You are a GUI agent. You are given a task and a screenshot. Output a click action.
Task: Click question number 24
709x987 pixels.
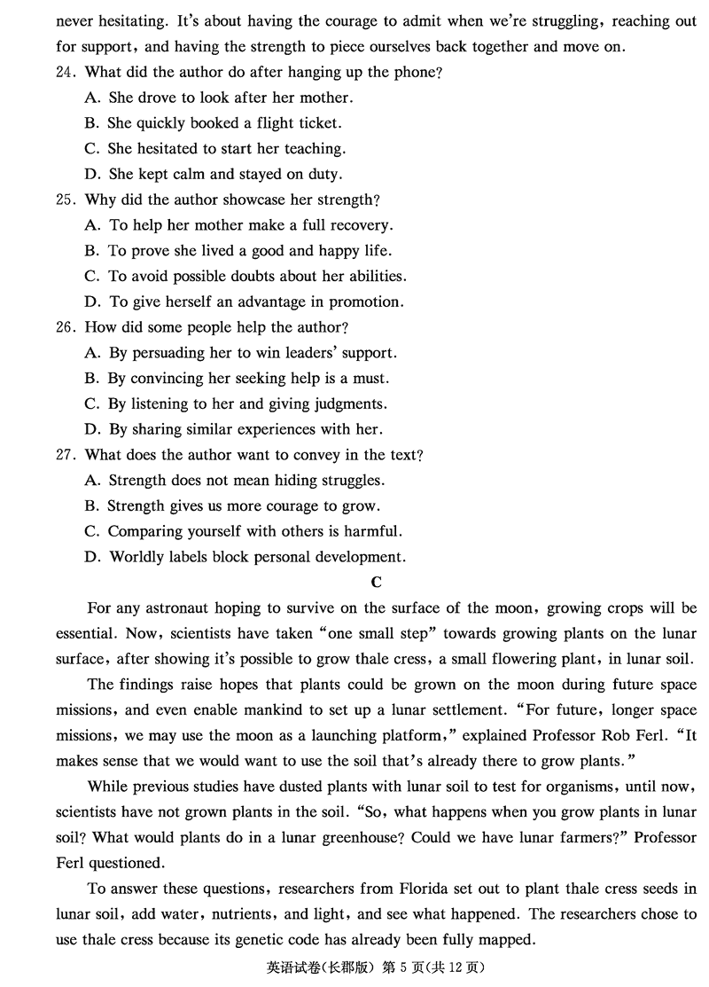[x=65, y=73]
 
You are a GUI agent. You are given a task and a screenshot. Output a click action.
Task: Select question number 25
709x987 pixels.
[x=65, y=200]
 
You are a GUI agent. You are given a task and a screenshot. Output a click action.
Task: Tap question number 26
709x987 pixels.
[x=65, y=327]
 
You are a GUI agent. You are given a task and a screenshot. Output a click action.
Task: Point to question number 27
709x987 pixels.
[x=65, y=455]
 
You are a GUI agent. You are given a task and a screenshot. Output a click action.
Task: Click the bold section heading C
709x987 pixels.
[x=376, y=583]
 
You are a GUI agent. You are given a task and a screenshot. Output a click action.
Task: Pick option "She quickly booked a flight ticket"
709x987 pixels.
[x=224, y=123]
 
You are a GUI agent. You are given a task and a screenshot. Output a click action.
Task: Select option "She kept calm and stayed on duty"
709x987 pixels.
[x=225, y=175]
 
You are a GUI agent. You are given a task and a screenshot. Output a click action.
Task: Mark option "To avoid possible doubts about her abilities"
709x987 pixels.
[x=257, y=277]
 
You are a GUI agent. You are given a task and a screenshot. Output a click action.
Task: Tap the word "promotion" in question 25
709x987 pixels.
[x=369, y=302]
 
